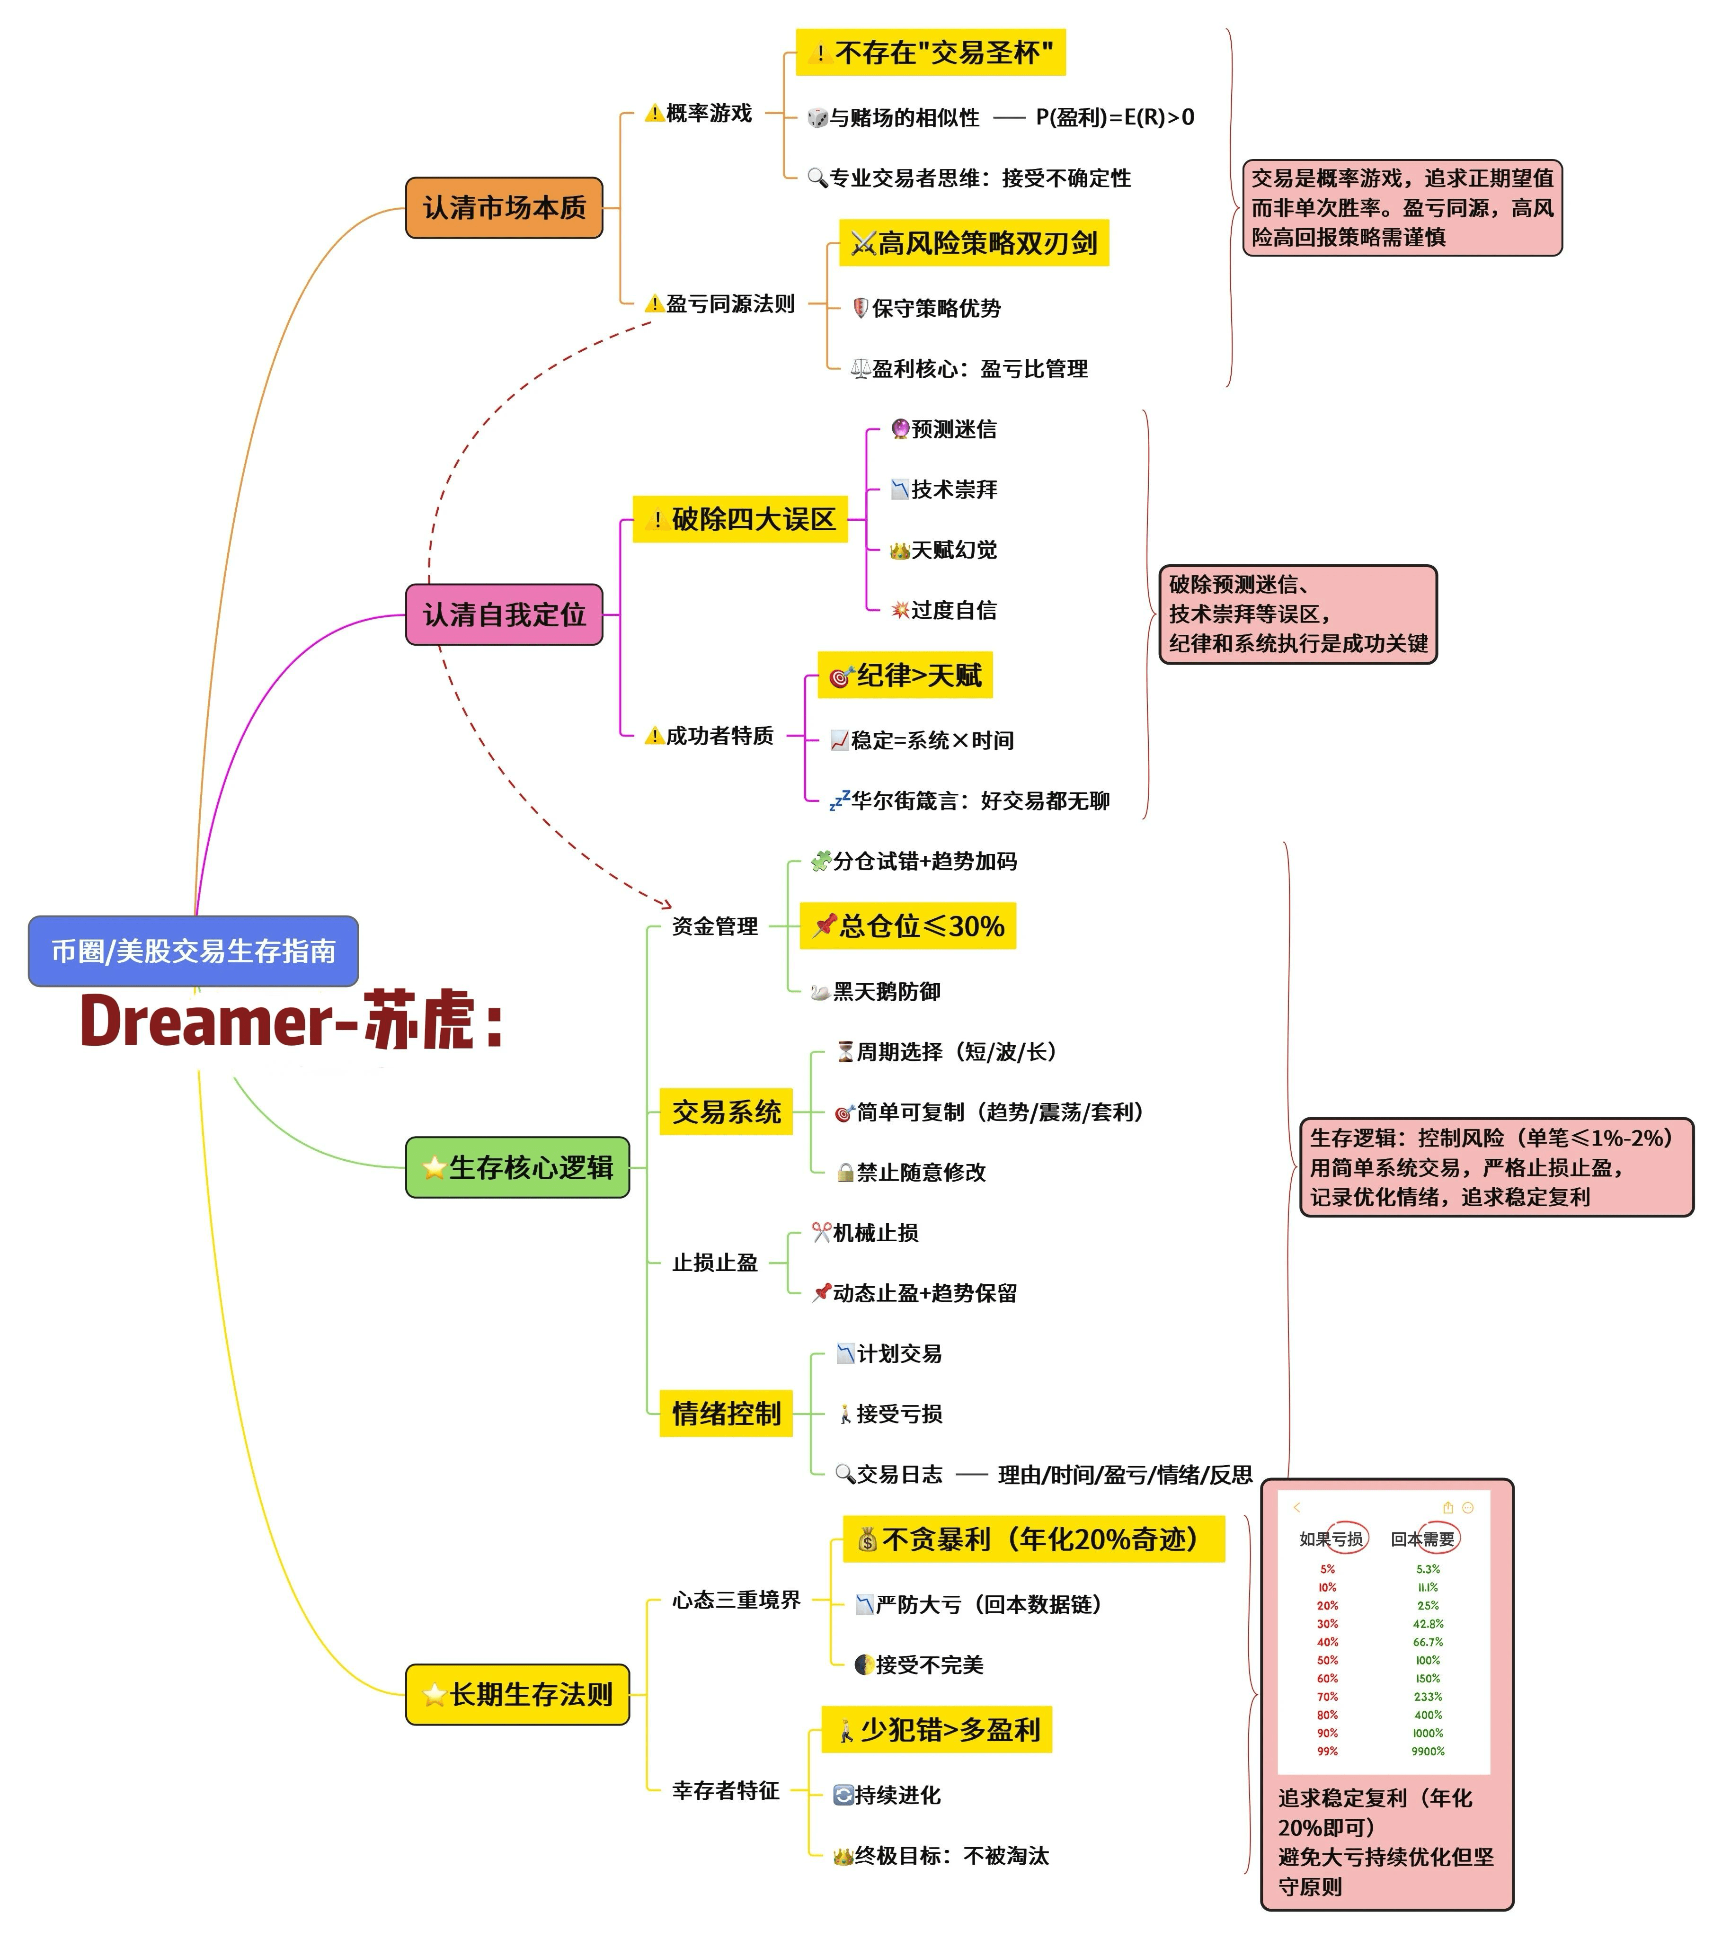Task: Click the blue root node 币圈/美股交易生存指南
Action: (194, 951)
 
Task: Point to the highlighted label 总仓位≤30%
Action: (908, 926)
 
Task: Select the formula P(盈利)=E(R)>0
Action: (1115, 117)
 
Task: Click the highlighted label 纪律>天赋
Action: (905, 676)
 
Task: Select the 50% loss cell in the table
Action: (1327, 1660)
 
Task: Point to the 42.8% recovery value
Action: (1428, 1623)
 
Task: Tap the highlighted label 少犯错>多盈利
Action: (936, 1729)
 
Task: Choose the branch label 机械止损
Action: (864, 1232)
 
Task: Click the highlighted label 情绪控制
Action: (726, 1414)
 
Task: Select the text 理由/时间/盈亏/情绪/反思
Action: (1125, 1474)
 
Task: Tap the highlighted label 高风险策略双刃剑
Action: (975, 243)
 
